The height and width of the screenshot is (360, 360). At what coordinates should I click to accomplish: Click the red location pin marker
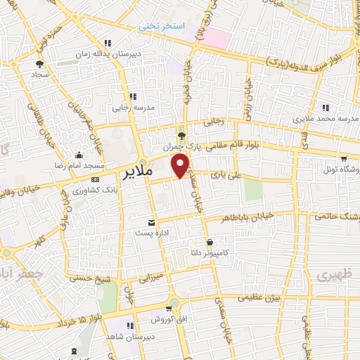point(181,166)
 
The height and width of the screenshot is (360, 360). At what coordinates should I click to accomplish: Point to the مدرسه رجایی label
point(132,108)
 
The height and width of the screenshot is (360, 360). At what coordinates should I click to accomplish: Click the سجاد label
point(39,73)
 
